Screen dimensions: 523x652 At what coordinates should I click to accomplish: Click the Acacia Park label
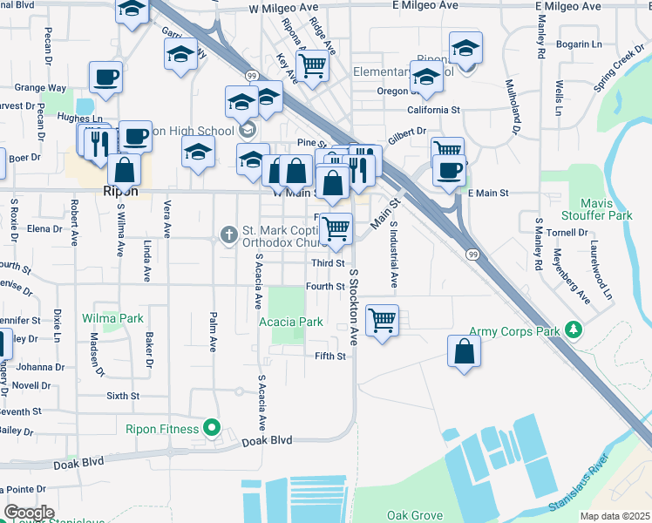click(291, 322)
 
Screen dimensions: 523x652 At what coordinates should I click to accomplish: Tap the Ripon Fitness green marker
click(210, 428)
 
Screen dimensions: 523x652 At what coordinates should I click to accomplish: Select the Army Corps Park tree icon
click(574, 330)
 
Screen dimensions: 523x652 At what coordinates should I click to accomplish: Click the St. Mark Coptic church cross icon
click(228, 234)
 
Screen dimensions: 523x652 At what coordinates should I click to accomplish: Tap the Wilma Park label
click(113, 318)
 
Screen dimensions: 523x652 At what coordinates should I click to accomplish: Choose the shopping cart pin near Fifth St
click(382, 320)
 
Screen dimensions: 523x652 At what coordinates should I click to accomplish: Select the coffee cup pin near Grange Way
click(105, 77)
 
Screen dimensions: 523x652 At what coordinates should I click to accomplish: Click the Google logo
click(29, 513)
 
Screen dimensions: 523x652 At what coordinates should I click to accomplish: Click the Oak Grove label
click(415, 515)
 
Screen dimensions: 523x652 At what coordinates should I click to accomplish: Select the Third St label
click(329, 262)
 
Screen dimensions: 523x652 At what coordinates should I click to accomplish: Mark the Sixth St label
click(123, 396)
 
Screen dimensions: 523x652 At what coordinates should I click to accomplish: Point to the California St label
click(433, 111)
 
